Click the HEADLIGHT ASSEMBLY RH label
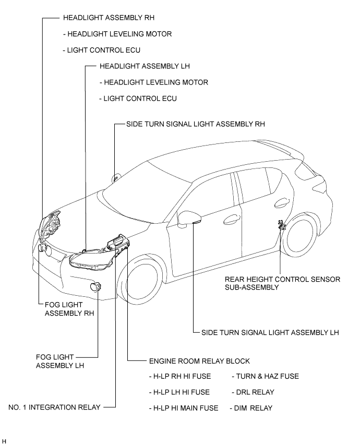(x=109, y=18)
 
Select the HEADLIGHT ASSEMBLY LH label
(x=145, y=66)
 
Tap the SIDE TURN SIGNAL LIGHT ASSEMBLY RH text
(x=196, y=124)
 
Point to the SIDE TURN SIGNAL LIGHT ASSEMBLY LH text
(x=270, y=332)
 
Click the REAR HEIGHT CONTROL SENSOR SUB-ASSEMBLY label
(x=282, y=283)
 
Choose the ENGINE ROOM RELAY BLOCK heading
(x=199, y=361)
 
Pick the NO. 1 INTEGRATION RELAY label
(x=54, y=407)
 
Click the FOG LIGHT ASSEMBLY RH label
(x=69, y=309)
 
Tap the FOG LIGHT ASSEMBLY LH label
(x=60, y=361)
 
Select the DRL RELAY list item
(x=253, y=392)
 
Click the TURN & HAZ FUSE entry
(x=265, y=376)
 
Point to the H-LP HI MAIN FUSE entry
(x=184, y=408)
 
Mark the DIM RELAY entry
(x=251, y=408)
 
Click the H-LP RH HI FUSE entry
(x=180, y=376)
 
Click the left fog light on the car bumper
(x=95, y=287)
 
